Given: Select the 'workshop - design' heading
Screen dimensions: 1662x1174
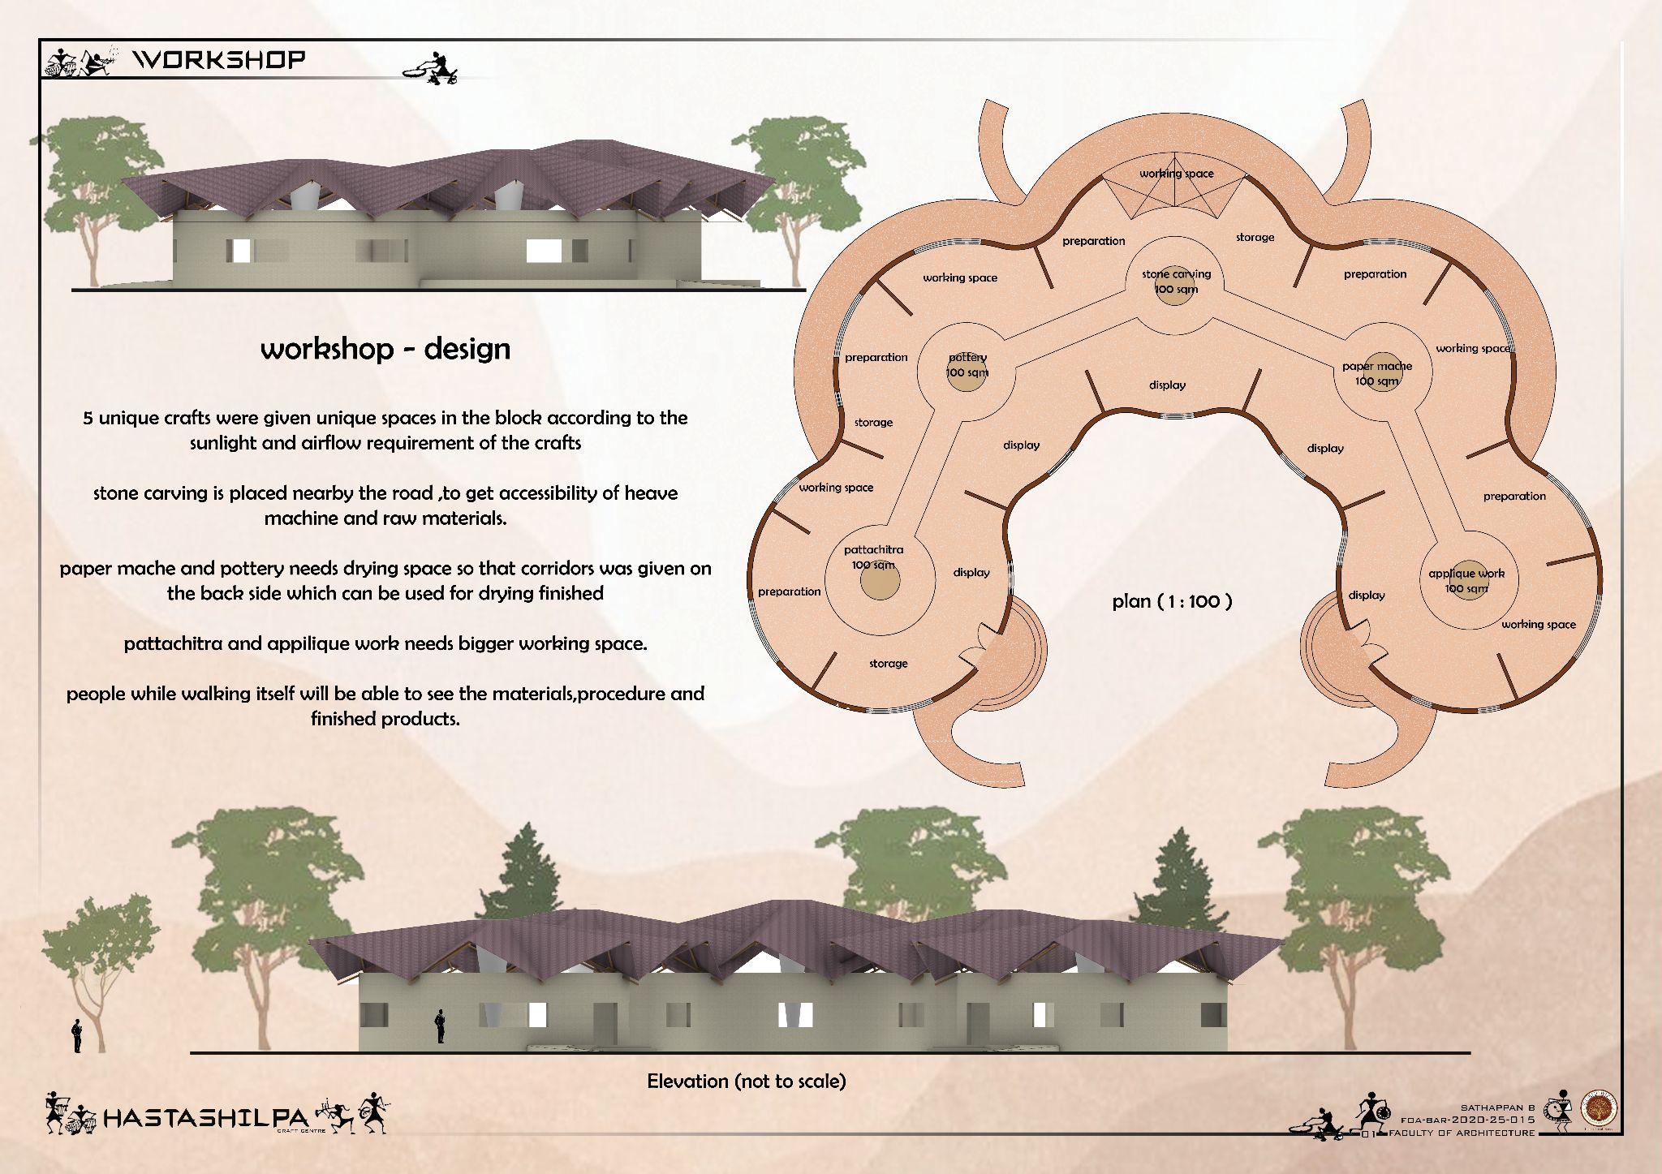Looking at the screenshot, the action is pyautogui.click(x=385, y=349).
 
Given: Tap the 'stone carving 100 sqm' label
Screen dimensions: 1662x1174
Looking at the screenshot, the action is pyautogui.click(x=1176, y=282).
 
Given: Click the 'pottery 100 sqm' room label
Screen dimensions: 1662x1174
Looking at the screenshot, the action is pyautogui.click(x=967, y=365).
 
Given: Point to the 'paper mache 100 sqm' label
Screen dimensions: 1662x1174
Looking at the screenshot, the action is pyautogui.click(x=1377, y=373).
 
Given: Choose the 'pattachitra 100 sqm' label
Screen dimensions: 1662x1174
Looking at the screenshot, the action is pyautogui.click(x=873, y=557).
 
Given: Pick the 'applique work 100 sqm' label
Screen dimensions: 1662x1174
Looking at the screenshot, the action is pyautogui.click(x=1466, y=580).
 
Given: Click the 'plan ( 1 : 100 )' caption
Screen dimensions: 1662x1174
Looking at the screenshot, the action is pyautogui.click(x=1172, y=601).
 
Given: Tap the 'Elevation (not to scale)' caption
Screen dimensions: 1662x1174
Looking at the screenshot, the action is pyautogui.click(x=746, y=1081).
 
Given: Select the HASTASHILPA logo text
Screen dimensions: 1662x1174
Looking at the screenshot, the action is pyautogui.click(x=207, y=1120).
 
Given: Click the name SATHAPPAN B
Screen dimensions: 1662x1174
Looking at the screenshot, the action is pyautogui.click(x=1498, y=1107).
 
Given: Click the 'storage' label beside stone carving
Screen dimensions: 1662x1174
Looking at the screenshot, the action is pyautogui.click(x=1255, y=238).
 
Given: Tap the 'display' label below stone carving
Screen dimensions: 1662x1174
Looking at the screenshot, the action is pyautogui.click(x=1167, y=385).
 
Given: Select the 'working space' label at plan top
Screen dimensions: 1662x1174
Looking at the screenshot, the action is pyautogui.click(x=1176, y=174).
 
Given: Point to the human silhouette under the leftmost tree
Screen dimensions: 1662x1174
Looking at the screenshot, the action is pyautogui.click(x=77, y=1036).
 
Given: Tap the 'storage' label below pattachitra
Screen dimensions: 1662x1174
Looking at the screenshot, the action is pyautogui.click(x=888, y=664).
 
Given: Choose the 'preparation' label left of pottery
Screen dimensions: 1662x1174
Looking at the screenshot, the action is pyautogui.click(x=876, y=358).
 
